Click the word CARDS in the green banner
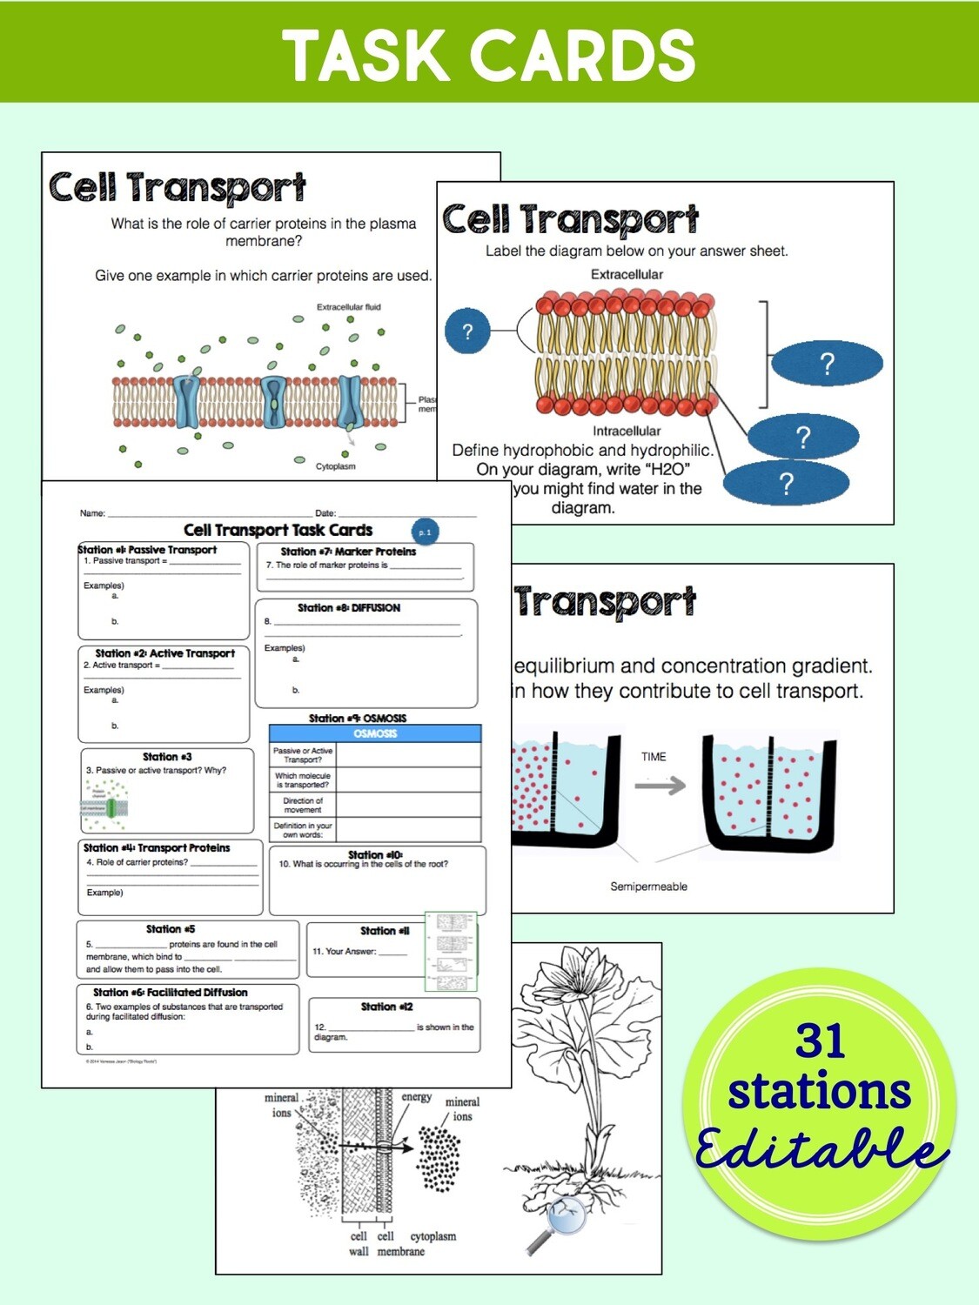(583, 56)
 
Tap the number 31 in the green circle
(820, 1041)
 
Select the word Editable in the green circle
(820, 1148)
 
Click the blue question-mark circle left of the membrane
(467, 331)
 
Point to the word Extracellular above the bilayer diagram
(627, 275)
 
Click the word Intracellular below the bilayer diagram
(627, 431)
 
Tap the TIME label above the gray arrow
(654, 757)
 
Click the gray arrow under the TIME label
(660, 786)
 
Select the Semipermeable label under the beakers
(648, 887)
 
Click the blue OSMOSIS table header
(375, 733)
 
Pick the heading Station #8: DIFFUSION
(349, 608)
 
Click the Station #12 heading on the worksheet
(387, 1007)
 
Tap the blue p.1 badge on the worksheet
(425, 532)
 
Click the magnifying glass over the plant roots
(562, 1218)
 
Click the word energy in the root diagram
(416, 1097)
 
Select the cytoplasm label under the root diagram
(433, 1236)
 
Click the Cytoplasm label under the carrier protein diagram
(335, 466)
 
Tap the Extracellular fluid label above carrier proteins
(348, 307)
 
